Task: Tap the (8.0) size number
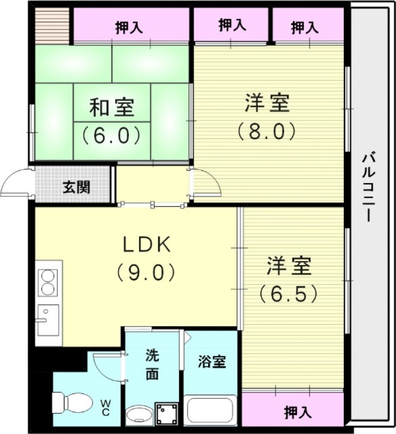point(266,132)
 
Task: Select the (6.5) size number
point(288,293)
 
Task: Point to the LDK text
point(146,245)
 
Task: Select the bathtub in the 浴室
point(210,411)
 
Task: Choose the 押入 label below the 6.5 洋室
point(298,413)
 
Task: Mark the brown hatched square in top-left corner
point(53,25)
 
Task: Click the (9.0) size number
point(146,271)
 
